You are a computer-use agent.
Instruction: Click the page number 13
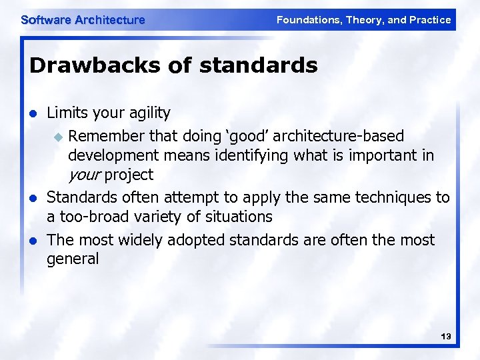tap(446, 337)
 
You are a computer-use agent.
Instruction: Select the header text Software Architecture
tap(83, 20)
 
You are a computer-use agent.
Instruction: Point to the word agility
tap(147, 113)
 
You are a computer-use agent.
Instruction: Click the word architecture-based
tap(338, 136)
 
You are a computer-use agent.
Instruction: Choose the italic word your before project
tap(83, 175)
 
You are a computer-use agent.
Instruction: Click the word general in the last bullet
tap(73, 259)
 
